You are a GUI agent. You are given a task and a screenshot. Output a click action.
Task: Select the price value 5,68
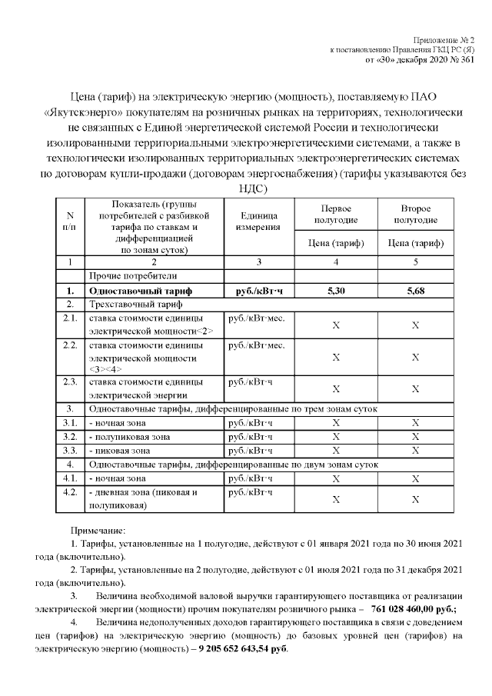[x=415, y=291]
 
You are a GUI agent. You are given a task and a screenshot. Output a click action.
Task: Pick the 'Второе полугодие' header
[x=415, y=215]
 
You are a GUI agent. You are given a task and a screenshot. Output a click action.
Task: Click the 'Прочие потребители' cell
[x=133, y=275]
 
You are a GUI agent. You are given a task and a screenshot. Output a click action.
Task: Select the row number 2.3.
[x=70, y=381]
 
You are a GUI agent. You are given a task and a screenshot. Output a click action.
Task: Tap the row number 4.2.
[x=70, y=492]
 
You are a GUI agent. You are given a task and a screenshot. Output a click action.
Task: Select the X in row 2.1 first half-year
[x=335, y=325]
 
